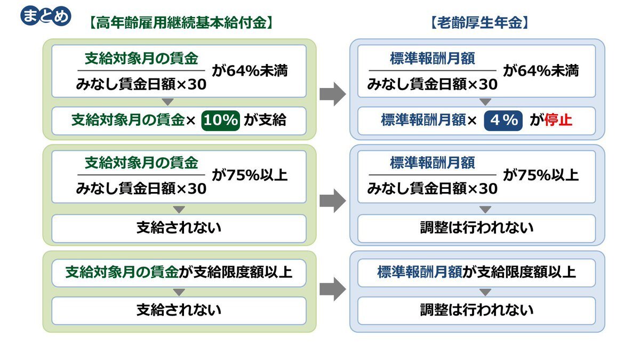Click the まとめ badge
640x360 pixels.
tap(46, 16)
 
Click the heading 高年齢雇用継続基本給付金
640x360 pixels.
tap(181, 23)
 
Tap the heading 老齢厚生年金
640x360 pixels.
tap(479, 23)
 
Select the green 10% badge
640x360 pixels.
tap(221, 121)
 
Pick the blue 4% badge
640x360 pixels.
tap(503, 121)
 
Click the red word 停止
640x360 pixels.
tap(558, 120)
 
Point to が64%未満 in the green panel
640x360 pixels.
tap(250, 71)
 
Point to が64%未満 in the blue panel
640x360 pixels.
tap(541, 71)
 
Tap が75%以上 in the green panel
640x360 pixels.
tap(250, 175)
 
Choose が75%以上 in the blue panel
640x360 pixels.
tap(541, 175)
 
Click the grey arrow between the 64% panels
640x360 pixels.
tap(333, 94)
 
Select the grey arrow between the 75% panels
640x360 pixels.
tap(333, 201)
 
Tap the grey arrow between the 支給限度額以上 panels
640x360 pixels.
tap(333, 289)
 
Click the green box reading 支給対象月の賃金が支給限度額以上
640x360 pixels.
tap(179, 273)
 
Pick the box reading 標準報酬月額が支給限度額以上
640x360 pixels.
tap(477, 273)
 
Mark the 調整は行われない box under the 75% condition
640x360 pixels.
tap(477, 229)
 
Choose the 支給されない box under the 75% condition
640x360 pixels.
tap(179, 229)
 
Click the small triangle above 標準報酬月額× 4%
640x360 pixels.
tap(485, 102)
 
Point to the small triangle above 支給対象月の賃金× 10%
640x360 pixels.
tap(167, 102)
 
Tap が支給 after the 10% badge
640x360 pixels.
tap(265, 120)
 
